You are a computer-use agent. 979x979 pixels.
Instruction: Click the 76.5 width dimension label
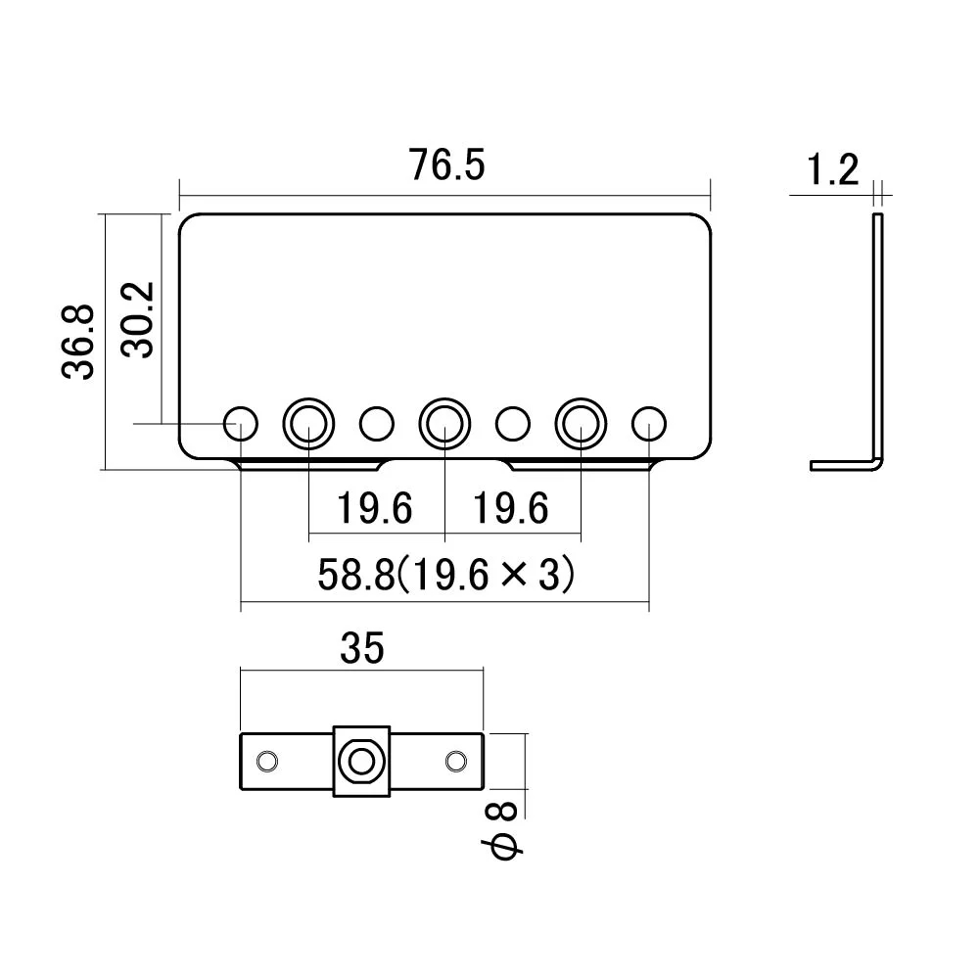point(446,165)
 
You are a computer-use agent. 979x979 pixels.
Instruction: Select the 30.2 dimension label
point(139,320)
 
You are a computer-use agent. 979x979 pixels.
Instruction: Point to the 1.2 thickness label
point(832,171)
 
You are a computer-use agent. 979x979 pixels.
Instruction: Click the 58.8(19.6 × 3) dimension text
point(445,575)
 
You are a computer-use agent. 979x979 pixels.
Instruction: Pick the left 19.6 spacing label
point(375,509)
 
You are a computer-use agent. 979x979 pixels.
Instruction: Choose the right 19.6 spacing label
point(511,509)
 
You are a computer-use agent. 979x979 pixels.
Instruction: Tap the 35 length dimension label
point(361,647)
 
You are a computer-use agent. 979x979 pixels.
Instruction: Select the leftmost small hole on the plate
point(241,423)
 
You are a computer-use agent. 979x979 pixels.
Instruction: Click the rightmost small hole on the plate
point(647,423)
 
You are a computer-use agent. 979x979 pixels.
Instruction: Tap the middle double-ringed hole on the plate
point(444,423)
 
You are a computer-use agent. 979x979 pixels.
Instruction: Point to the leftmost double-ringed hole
point(308,423)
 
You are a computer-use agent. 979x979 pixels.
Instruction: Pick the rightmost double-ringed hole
point(582,423)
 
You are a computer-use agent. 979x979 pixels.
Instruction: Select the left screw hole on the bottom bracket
point(265,761)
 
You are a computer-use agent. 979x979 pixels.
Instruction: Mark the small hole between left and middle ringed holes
point(376,423)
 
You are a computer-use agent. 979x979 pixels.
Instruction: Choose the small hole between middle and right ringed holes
point(512,423)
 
